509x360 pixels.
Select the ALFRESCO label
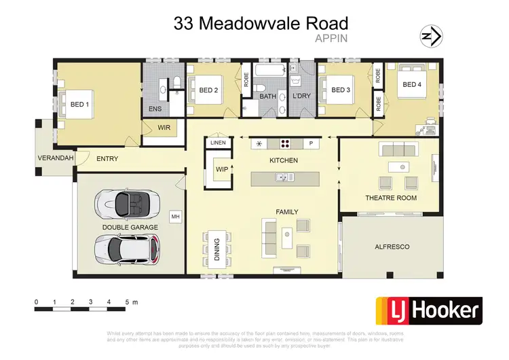tap(392, 247)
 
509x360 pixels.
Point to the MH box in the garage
tap(175, 217)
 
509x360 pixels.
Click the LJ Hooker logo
tap(429, 311)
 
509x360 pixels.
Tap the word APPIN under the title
tap(332, 39)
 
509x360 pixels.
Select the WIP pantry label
tap(221, 168)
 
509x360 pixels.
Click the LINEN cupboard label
tap(218, 143)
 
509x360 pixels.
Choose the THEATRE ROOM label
tap(391, 198)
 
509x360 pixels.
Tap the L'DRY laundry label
tap(301, 96)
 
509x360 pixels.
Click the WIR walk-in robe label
tap(164, 126)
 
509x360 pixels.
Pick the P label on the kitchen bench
tap(312, 143)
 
